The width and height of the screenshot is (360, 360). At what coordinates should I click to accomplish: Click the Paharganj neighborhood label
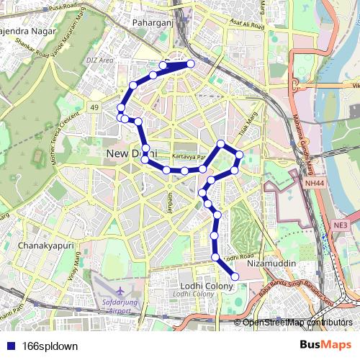(150, 22)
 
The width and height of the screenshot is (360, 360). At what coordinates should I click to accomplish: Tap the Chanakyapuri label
(45, 246)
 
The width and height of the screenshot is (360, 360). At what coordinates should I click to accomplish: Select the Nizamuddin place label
(271, 264)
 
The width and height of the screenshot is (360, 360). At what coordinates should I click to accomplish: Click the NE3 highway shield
(341, 225)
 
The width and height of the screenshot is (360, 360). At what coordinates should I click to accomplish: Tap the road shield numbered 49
(94, 107)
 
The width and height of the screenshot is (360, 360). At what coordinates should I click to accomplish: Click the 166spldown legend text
(50, 346)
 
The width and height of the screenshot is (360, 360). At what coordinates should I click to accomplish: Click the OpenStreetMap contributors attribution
(297, 322)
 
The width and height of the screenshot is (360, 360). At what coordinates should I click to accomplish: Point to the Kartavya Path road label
(189, 156)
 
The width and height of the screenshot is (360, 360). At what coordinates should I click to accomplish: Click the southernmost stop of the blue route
(235, 276)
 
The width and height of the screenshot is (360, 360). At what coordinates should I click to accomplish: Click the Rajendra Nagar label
(29, 32)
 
